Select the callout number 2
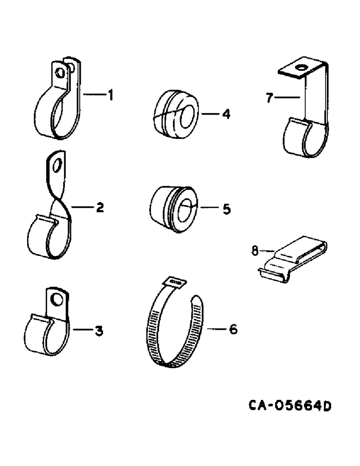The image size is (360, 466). pyautogui.click(x=99, y=208)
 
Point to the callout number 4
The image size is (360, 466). pyautogui.click(x=226, y=113)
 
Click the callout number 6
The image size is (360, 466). pyautogui.click(x=233, y=330)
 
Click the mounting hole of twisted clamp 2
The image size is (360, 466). pyautogui.click(x=57, y=166)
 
